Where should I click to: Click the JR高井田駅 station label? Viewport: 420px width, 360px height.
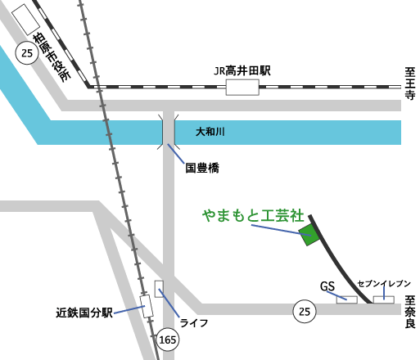click(x=242, y=71)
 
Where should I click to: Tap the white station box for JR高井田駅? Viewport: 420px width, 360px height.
click(x=242, y=88)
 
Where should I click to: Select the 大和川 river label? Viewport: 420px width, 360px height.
click(x=210, y=132)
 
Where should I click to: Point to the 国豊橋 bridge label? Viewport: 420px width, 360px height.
click(x=202, y=168)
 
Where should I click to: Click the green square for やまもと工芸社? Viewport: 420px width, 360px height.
click(x=309, y=235)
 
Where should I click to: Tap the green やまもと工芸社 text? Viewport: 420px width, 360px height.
click(x=253, y=215)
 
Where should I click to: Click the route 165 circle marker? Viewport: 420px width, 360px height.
click(x=168, y=340)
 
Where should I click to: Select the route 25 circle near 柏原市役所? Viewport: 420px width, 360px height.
click(x=27, y=53)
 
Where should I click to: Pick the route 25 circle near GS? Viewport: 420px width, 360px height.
click(x=305, y=312)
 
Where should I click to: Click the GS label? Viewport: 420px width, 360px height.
click(x=327, y=286)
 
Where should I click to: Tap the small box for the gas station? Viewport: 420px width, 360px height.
click(x=347, y=299)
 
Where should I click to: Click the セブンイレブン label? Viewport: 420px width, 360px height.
click(x=384, y=284)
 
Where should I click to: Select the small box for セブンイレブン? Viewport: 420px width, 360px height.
click(x=384, y=299)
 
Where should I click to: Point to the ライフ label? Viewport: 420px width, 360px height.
click(x=194, y=323)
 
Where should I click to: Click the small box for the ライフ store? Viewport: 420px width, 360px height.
click(x=159, y=289)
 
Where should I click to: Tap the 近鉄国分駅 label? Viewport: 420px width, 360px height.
click(x=84, y=313)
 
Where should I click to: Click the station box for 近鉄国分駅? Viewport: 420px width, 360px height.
click(x=147, y=306)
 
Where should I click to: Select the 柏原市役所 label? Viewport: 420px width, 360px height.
click(x=52, y=58)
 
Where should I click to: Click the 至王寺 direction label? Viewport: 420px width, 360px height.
click(x=410, y=83)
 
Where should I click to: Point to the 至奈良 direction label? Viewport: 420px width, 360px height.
click(x=410, y=312)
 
